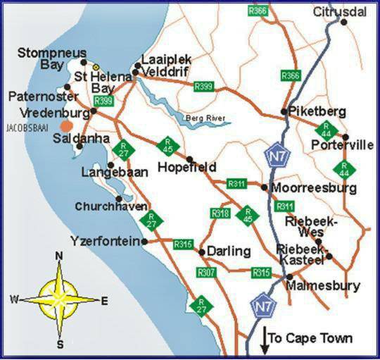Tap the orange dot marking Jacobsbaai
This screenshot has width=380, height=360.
coord(65,125)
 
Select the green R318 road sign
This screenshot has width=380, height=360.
coord(220,213)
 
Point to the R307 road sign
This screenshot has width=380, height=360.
coord(207,272)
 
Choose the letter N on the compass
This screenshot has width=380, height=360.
coord(60,256)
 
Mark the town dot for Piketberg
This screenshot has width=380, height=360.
coord(284,112)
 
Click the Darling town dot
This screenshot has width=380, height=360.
coord(201,252)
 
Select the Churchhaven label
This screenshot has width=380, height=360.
coord(112,206)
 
